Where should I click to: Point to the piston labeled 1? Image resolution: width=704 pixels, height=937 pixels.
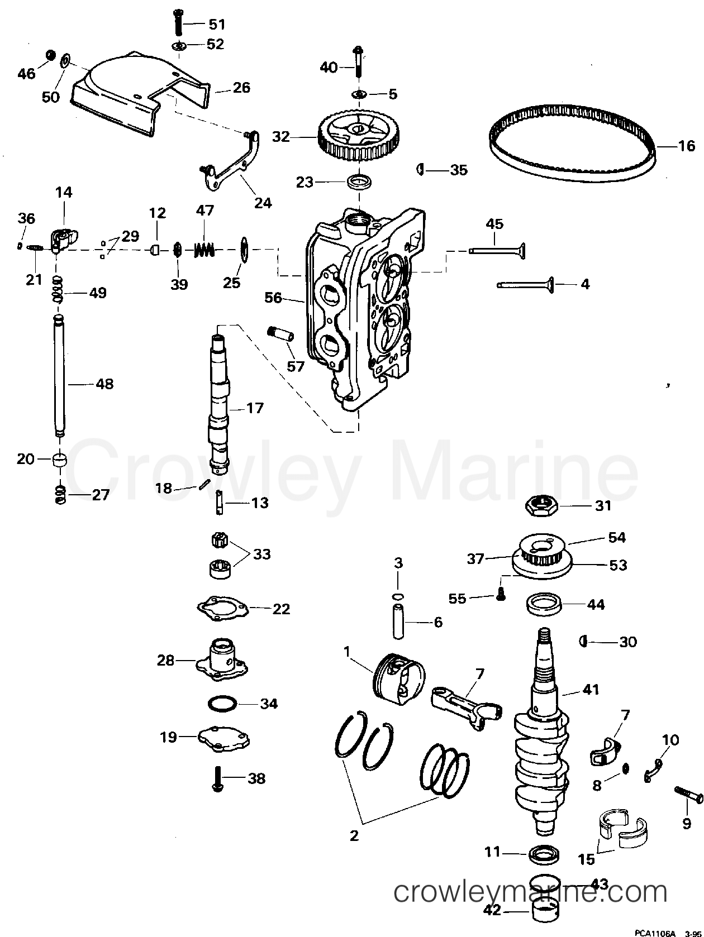point(398,676)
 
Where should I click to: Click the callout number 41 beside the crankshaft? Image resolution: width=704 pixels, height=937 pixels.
point(590,690)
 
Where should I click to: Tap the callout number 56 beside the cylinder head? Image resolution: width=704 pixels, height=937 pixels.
point(274,298)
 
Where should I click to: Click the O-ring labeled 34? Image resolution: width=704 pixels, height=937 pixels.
point(222,703)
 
